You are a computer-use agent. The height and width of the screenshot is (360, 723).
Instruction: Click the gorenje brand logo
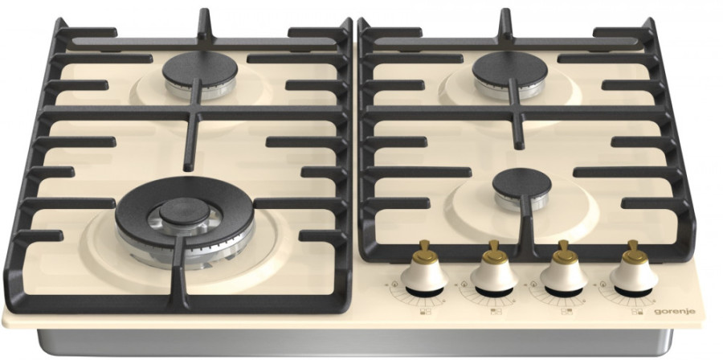click(675, 312)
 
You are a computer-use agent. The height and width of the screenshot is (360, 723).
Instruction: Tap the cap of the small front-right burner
click(521, 182)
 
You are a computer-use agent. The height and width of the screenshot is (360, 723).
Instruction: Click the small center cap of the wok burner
click(185, 212)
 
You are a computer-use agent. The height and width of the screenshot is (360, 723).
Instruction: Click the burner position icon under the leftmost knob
click(425, 312)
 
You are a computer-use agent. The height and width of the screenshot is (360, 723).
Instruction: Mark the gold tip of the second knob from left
click(494, 252)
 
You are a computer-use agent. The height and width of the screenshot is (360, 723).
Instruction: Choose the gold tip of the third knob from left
click(564, 252)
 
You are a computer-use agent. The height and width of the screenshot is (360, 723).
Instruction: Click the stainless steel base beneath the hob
click(355, 343)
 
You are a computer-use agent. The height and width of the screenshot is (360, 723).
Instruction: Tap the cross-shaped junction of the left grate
click(194, 113)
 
